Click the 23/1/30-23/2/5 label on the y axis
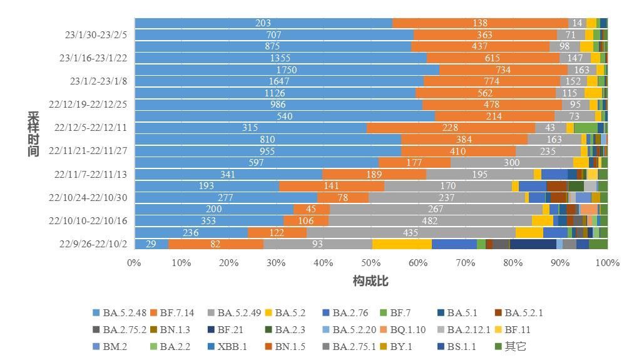tap(92, 34)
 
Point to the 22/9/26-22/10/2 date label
tap(93, 244)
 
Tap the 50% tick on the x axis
tap(371, 262)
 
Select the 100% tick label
tap(606, 262)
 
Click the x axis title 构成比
tap(371, 281)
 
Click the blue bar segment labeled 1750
tap(287, 69)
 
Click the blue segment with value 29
tap(151, 244)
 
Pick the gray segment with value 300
tap(511, 163)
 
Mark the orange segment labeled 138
tap(480, 23)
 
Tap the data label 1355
tap(280, 58)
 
